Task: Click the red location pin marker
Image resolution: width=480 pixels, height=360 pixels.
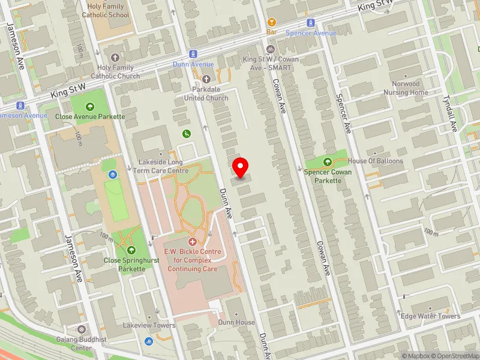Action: (x=241, y=167)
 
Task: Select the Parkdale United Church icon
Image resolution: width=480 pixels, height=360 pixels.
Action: (x=206, y=79)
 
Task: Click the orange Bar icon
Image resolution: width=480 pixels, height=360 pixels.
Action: (x=271, y=21)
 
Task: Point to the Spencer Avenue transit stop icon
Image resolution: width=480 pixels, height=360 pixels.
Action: (x=311, y=23)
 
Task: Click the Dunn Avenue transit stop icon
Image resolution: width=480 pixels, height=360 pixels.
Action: (x=193, y=54)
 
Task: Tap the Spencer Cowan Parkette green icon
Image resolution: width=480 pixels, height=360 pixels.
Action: (x=328, y=161)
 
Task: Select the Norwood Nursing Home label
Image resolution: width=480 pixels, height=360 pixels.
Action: (x=406, y=88)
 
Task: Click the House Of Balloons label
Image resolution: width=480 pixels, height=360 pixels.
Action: (x=376, y=161)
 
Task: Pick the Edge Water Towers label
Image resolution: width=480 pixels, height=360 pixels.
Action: (x=430, y=316)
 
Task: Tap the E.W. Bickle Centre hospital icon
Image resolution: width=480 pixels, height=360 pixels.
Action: (x=193, y=241)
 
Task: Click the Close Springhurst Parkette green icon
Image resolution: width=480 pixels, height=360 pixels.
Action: (x=132, y=250)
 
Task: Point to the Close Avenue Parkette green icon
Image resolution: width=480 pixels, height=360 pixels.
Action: (x=90, y=107)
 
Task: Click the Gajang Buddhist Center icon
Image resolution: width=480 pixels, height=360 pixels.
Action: (x=81, y=329)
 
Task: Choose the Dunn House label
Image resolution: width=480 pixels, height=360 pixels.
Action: (x=236, y=322)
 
